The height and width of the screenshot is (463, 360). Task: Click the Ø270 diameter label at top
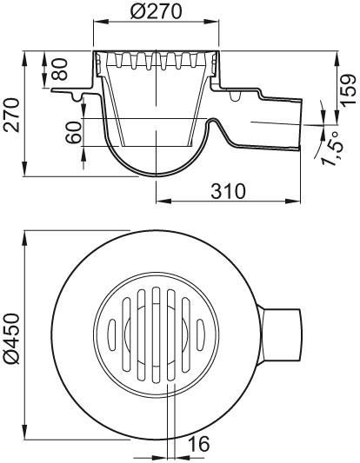(156, 11)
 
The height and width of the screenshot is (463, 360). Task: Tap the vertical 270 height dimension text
(11, 115)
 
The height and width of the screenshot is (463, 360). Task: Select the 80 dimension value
(60, 69)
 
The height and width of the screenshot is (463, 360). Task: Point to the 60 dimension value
(73, 133)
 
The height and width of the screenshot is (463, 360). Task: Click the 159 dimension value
(348, 89)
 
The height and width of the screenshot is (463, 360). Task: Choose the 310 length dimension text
(228, 191)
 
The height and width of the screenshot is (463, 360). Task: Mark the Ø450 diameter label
(11, 339)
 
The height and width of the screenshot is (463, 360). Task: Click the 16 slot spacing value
(198, 444)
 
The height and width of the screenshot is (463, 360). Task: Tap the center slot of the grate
(156, 335)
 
